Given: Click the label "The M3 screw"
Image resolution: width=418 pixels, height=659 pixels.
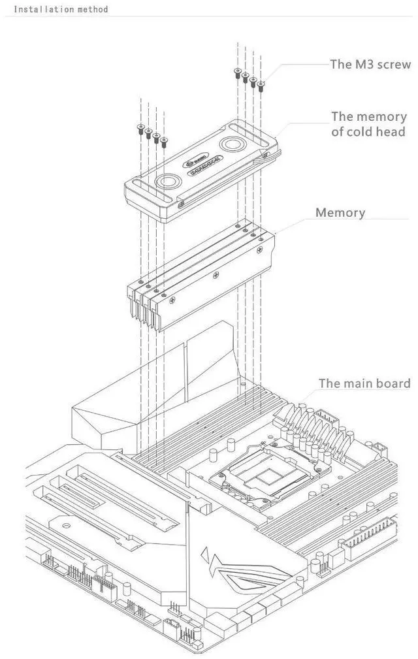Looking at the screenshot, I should point(370,64).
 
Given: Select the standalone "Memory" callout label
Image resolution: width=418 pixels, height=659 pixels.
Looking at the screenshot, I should point(340,213).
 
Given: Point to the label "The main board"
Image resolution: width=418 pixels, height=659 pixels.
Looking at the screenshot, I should point(364,383).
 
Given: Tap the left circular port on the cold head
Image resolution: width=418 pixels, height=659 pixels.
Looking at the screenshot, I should point(169,182).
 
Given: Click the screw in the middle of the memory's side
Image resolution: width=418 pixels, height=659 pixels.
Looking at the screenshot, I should point(213,276).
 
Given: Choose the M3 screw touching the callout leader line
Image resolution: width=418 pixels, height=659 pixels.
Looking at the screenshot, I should point(261,84).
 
